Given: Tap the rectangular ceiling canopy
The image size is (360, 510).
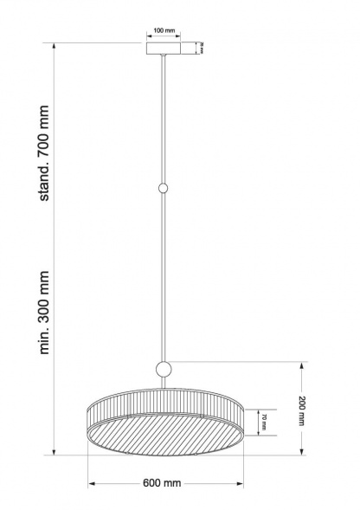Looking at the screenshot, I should pos(163,48).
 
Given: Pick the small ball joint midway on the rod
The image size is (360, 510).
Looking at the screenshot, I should pos(163,187).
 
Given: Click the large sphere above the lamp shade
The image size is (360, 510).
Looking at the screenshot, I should pos(163,370).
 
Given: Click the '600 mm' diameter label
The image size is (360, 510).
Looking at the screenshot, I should pos(163,483).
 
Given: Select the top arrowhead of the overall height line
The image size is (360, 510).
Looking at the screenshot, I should pos(55,44).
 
